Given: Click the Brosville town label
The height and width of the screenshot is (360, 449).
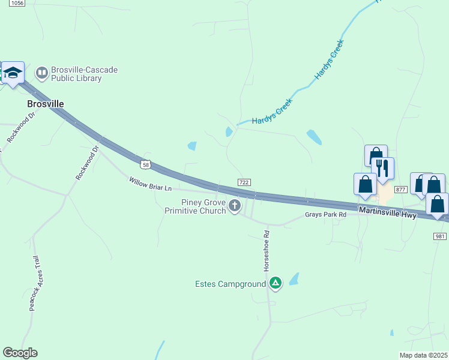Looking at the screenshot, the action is point(46,104).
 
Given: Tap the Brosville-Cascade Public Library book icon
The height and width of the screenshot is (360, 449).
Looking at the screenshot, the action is point(41,74).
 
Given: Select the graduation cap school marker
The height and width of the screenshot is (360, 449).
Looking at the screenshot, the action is point(13,73).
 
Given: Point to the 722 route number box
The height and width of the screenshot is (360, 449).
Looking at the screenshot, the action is point(244,182).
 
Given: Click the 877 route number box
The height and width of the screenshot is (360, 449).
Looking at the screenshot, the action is point(401,189).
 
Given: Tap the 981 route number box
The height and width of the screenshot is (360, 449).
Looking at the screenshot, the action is point(439,236).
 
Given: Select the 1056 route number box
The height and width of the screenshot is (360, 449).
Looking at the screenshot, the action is point(17,3).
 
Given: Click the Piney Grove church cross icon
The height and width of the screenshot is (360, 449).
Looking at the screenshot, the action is point(235,207).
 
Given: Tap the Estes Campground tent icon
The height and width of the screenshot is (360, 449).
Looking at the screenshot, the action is point(276,283).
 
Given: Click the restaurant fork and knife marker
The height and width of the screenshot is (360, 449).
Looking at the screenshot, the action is point(382,169).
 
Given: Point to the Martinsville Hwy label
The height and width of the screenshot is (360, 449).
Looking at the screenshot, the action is point(387,212).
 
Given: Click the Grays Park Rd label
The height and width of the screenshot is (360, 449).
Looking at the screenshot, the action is point(325,214).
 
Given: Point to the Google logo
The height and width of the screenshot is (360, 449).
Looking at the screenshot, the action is point(20,353).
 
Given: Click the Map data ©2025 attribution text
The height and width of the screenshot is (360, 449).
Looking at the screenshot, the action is point(423,355).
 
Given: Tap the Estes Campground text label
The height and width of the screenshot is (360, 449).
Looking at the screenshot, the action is point(231,284).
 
